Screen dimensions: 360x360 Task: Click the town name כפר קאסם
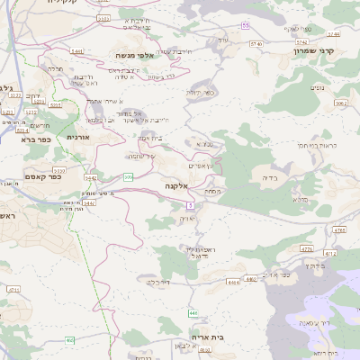(42, 176)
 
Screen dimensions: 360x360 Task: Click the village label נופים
(318, 86)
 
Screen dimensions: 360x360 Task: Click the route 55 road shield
(245, 25)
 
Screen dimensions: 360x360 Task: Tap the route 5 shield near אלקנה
(192, 206)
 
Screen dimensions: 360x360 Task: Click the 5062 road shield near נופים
(339, 103)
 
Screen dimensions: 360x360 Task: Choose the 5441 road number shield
(77, 51)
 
